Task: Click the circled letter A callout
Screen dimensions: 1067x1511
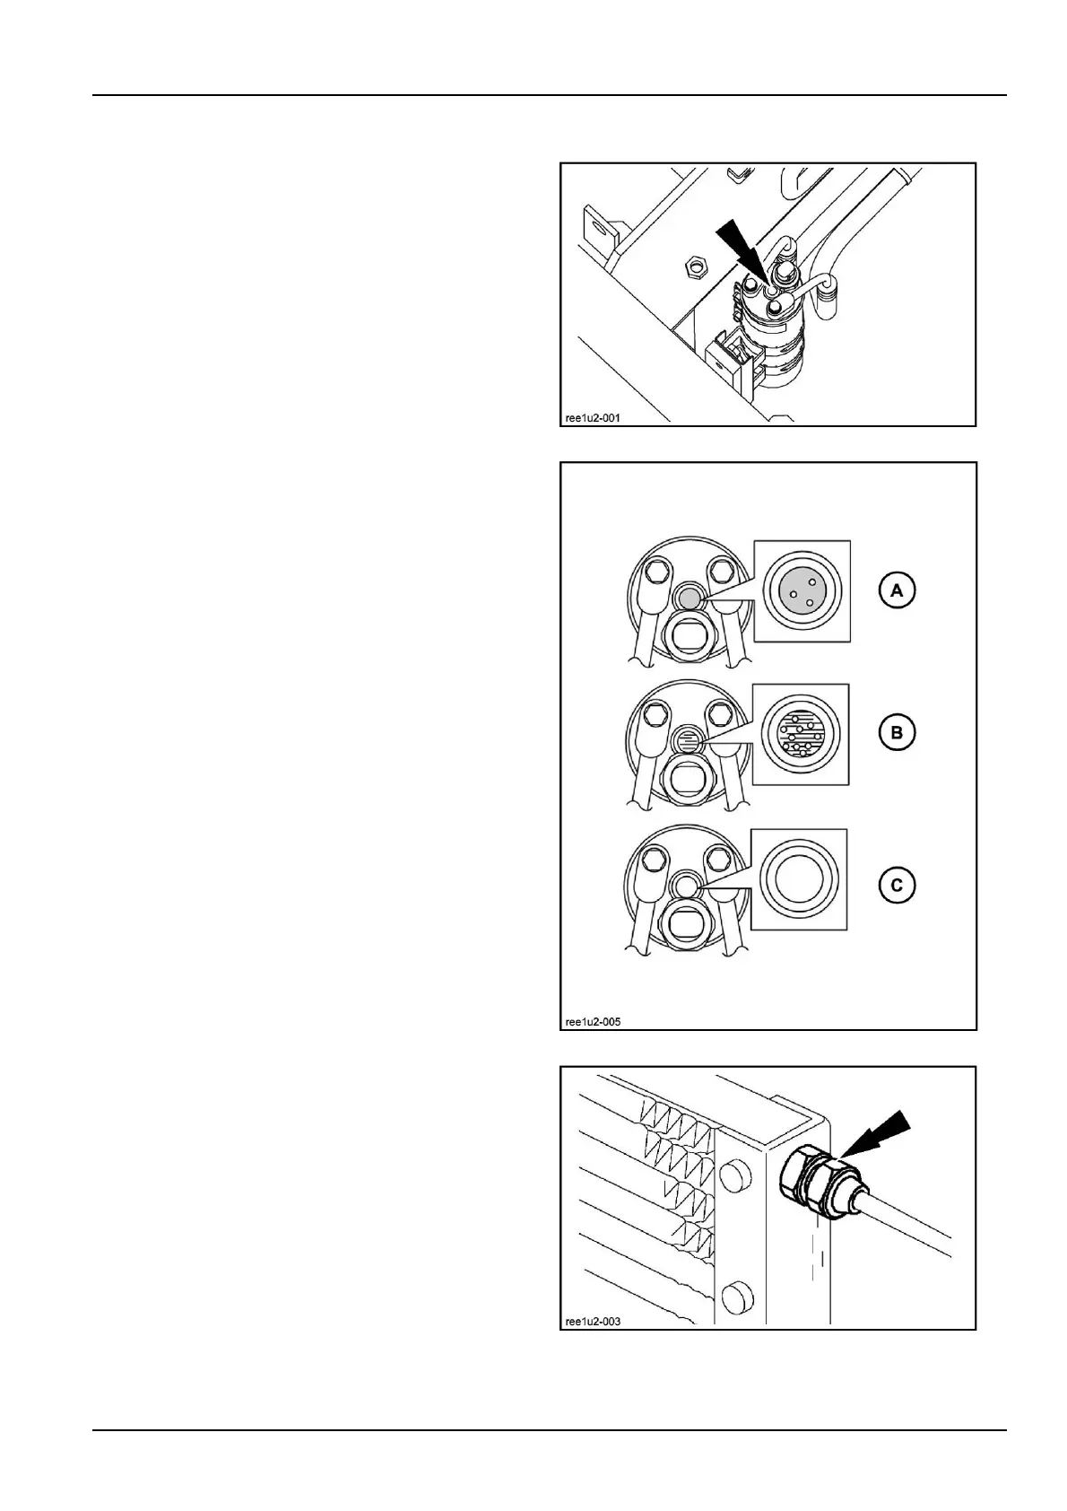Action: coord(896,590)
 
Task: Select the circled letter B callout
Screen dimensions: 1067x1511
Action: coord(896,733)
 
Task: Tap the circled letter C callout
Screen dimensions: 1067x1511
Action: coord(896,886)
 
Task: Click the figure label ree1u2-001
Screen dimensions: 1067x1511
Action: coord(592,417)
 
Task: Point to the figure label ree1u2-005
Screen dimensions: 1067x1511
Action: coord(593,1021)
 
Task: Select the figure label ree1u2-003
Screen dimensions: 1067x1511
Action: coord(593,1321)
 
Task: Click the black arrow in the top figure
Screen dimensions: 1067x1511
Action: coord(740,250)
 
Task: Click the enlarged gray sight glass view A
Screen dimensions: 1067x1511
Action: coord(802,591)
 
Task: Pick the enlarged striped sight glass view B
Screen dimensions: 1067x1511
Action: coord(801,733)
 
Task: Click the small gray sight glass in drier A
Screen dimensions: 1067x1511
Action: coord(688,598)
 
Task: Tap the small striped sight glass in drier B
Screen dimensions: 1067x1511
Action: coord(688,741)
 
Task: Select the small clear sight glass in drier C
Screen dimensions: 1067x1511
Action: coord(688,886)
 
